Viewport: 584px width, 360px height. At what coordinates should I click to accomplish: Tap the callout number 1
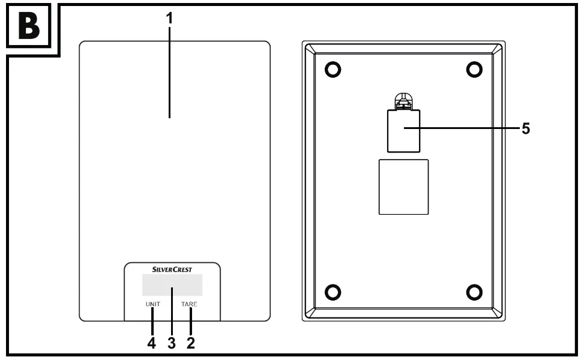tap(169, 19)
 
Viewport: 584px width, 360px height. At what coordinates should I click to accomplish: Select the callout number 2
tap(191, 344)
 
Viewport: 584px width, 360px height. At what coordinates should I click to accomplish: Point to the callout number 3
tap(171, 344)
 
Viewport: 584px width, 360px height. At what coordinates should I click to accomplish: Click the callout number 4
tap(152, 344)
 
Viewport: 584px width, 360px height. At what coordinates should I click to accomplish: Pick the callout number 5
tap(525, 128)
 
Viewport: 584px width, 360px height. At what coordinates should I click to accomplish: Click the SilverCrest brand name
tap(172, 270)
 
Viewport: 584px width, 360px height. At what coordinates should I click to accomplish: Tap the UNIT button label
tap(152, 304)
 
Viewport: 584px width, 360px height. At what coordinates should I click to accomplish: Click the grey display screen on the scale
tap(172, 285)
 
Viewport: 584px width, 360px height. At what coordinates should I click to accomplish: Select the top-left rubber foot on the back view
tap(332, 70)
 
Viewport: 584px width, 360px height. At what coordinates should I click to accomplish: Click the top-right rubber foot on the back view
tap(474, 70)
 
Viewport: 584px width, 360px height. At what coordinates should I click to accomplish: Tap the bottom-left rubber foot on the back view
tap(332, 292)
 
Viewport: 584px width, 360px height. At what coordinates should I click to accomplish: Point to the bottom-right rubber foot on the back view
tap(474, 292)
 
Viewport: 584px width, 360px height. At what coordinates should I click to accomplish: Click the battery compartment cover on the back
tap(403, 131)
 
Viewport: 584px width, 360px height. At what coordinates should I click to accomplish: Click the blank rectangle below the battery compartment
tap(403, 187)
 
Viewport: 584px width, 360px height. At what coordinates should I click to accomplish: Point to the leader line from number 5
tap(468, 128)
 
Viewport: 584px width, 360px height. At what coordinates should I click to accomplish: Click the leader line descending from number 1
tap(169, 72)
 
